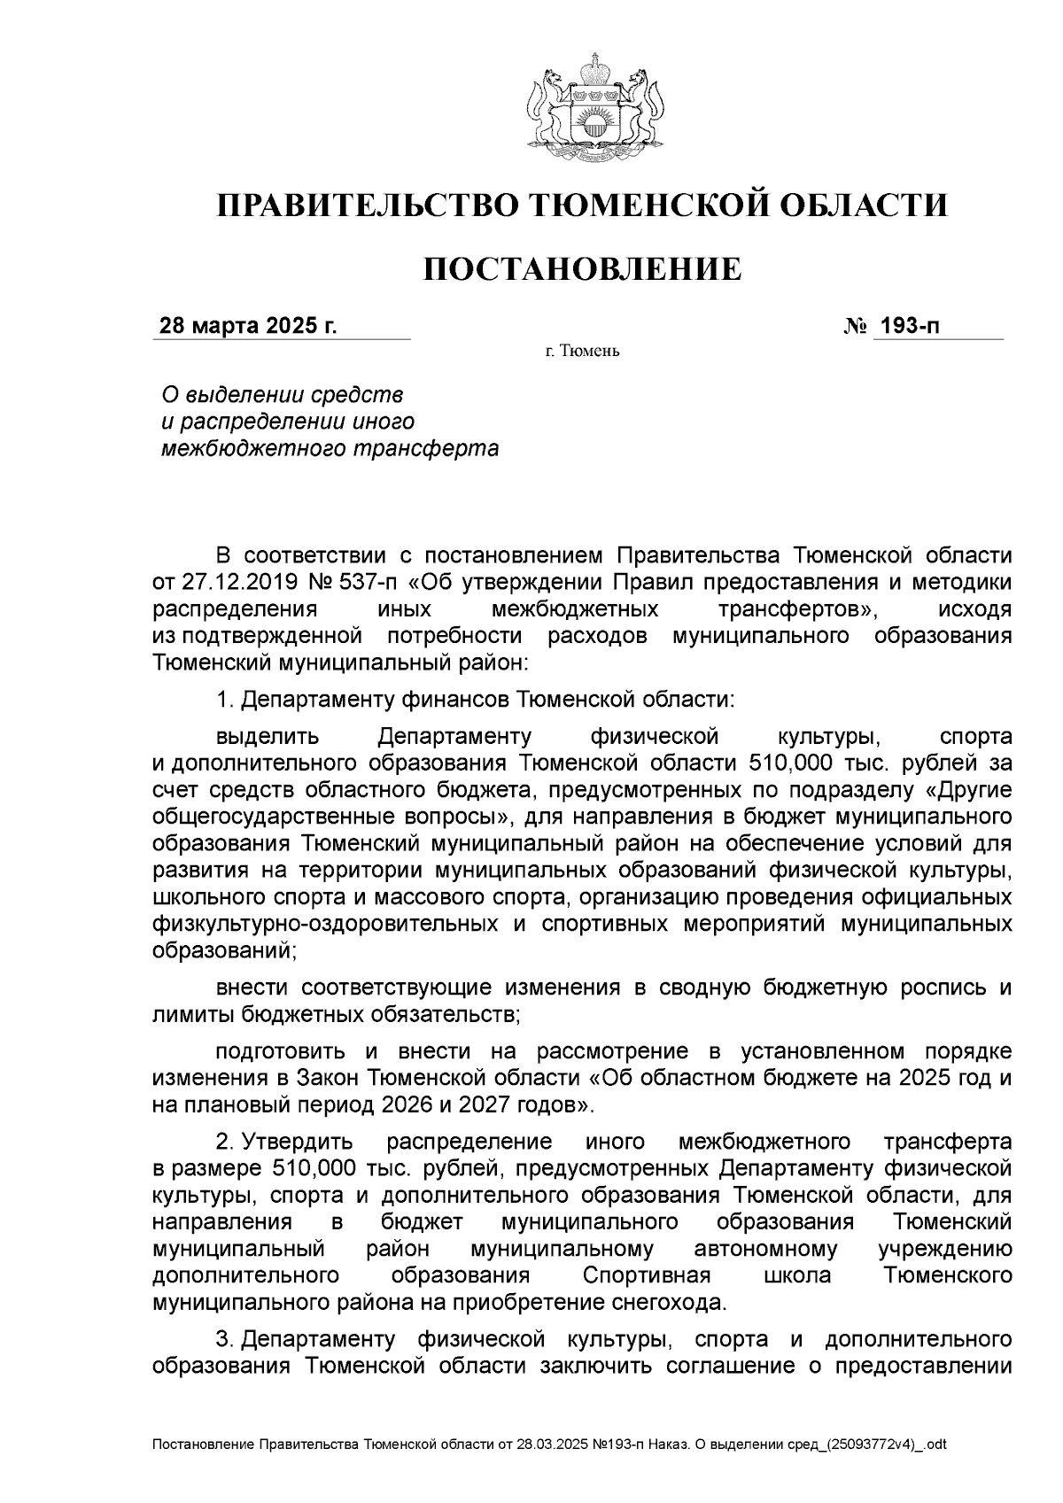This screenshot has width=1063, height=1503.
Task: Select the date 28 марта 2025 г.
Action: pyautogui.click(x=247, y=327)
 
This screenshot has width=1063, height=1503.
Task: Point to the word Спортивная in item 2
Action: pyautogui.click(x=647, y=1275)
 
